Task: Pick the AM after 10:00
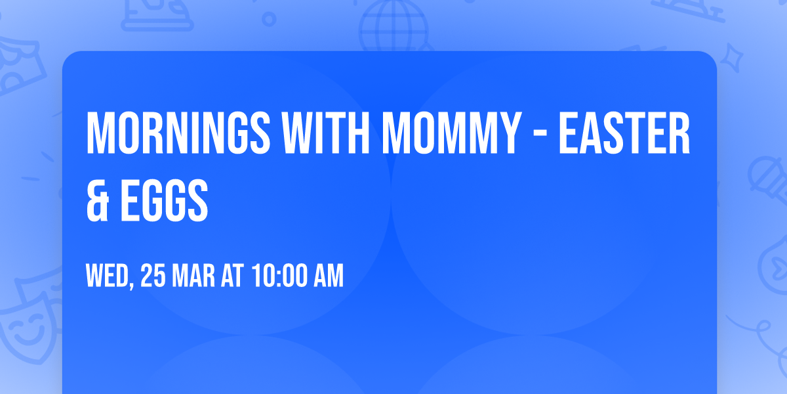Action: [329, 276]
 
